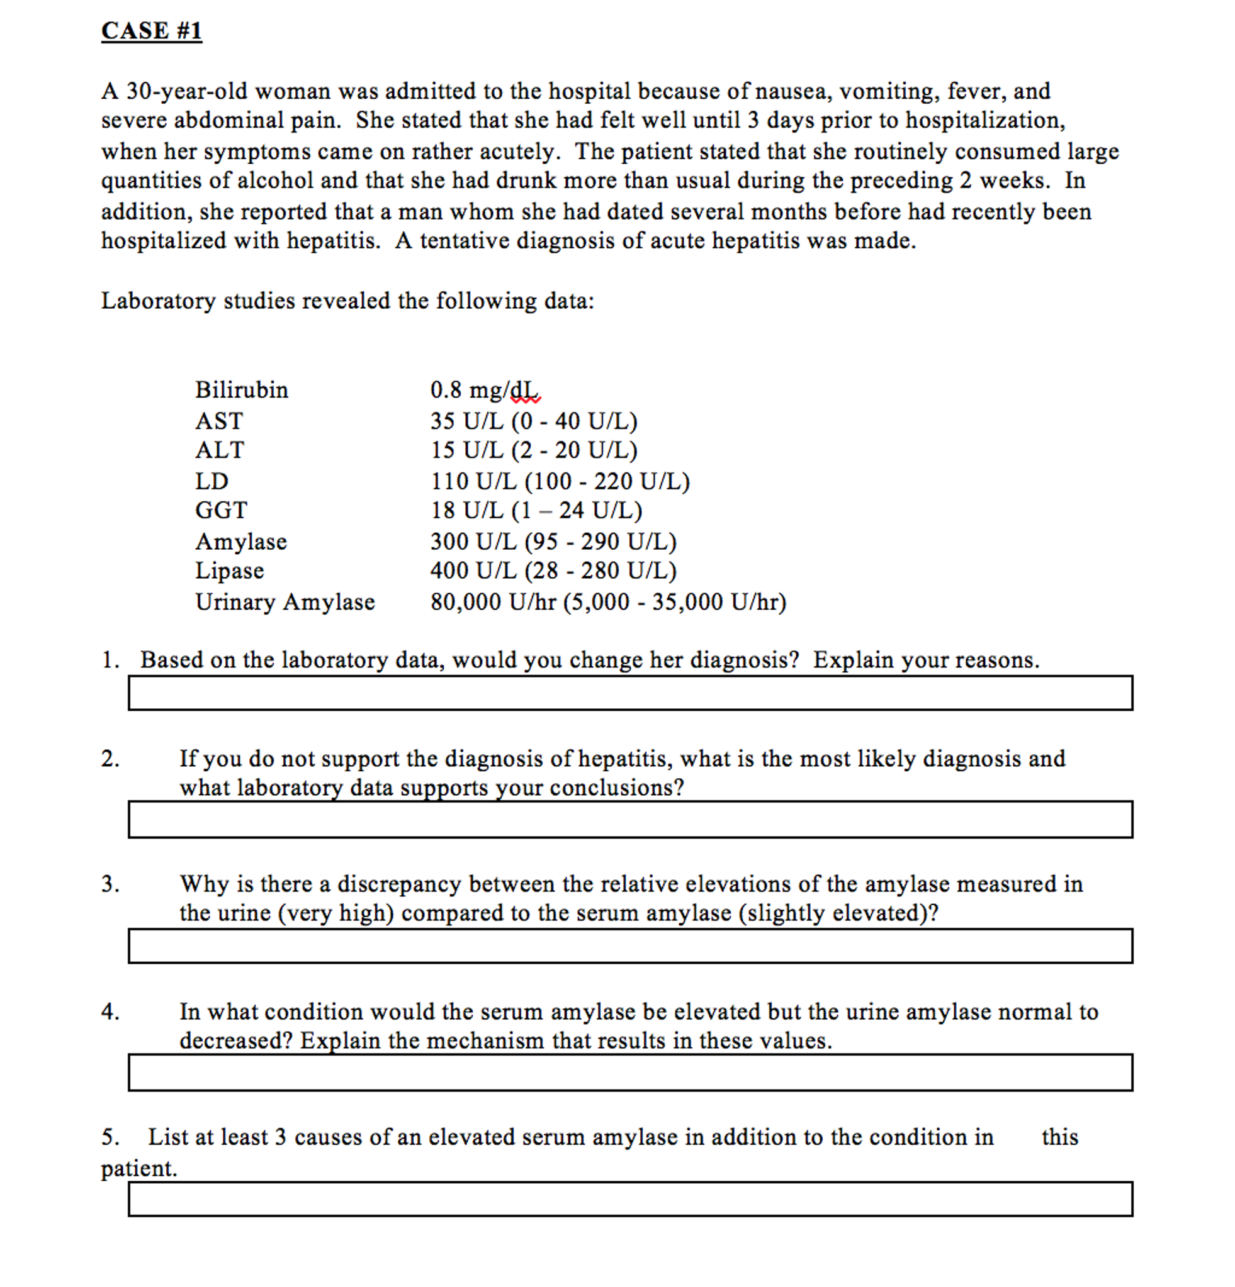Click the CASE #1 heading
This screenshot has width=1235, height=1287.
click(x=151, y=31)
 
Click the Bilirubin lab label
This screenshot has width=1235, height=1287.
click(x=241, y=390)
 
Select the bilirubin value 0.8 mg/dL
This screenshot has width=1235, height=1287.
click(x=485, y=390)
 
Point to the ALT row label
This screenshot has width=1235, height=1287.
click(x=220, y=450)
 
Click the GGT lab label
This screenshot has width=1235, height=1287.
click(x=221, y=510)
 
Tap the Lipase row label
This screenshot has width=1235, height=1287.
click(x=229, y=571)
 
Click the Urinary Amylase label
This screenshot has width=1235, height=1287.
click(x=285, y=601)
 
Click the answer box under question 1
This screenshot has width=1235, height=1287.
click(x=629, y=693)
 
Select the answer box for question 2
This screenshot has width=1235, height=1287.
click(x=629, y=819)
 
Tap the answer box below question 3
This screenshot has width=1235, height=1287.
click(x=629, y=945)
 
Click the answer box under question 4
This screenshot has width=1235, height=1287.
click(x=629, y=1072)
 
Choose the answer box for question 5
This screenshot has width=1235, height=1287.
click(x=629, y=1198)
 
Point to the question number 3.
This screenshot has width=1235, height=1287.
click(x=110, y=884)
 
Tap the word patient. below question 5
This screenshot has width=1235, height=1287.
click(x=138, y=1168)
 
